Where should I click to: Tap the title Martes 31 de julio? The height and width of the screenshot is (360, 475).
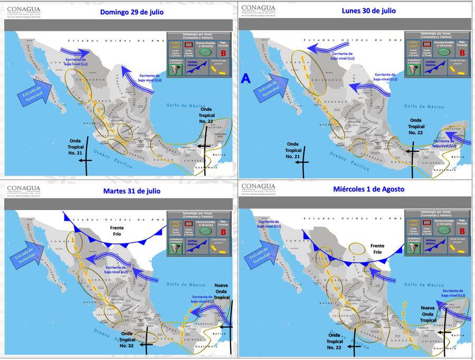(131, 191)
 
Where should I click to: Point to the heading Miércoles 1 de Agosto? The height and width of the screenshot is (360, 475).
(368, 189)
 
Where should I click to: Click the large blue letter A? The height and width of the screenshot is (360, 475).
(245, 79)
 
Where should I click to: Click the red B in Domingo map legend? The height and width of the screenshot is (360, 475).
(223, 53)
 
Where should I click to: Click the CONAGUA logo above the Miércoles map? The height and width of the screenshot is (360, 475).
(259, 188)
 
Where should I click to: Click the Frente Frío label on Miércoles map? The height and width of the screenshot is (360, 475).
(377, 249)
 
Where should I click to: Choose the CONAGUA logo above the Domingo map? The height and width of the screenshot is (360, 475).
(24, 10)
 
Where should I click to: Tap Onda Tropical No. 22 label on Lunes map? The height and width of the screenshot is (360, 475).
(416, 127)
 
